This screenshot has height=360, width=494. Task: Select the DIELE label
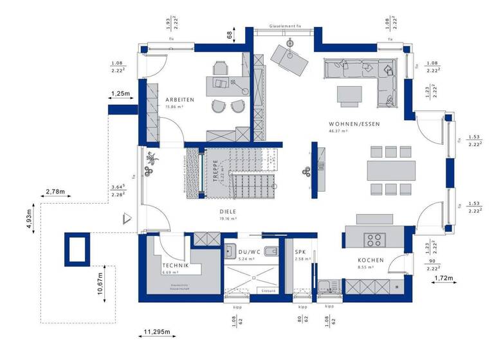click(x=228, y=210)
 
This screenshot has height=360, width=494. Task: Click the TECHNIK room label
click(x=175, y=265)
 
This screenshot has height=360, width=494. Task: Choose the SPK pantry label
click(x=300, y=252)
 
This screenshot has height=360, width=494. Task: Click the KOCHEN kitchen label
click(x=370, y=260)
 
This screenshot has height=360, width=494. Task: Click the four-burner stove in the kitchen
click(x=374, y=240)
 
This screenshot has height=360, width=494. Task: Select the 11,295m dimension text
click(x=157, y=332)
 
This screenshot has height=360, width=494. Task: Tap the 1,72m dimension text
click(x=443, y=278)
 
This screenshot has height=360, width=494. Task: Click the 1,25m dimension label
click(x=120, y=94)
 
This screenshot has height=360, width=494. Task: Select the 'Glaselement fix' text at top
click(x=284, y=27)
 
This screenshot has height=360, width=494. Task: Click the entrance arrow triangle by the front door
click(x=129, y=220)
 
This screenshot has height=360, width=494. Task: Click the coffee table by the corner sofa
click(x=351, y=94)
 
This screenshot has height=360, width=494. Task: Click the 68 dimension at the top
click(x=229, y=35)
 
